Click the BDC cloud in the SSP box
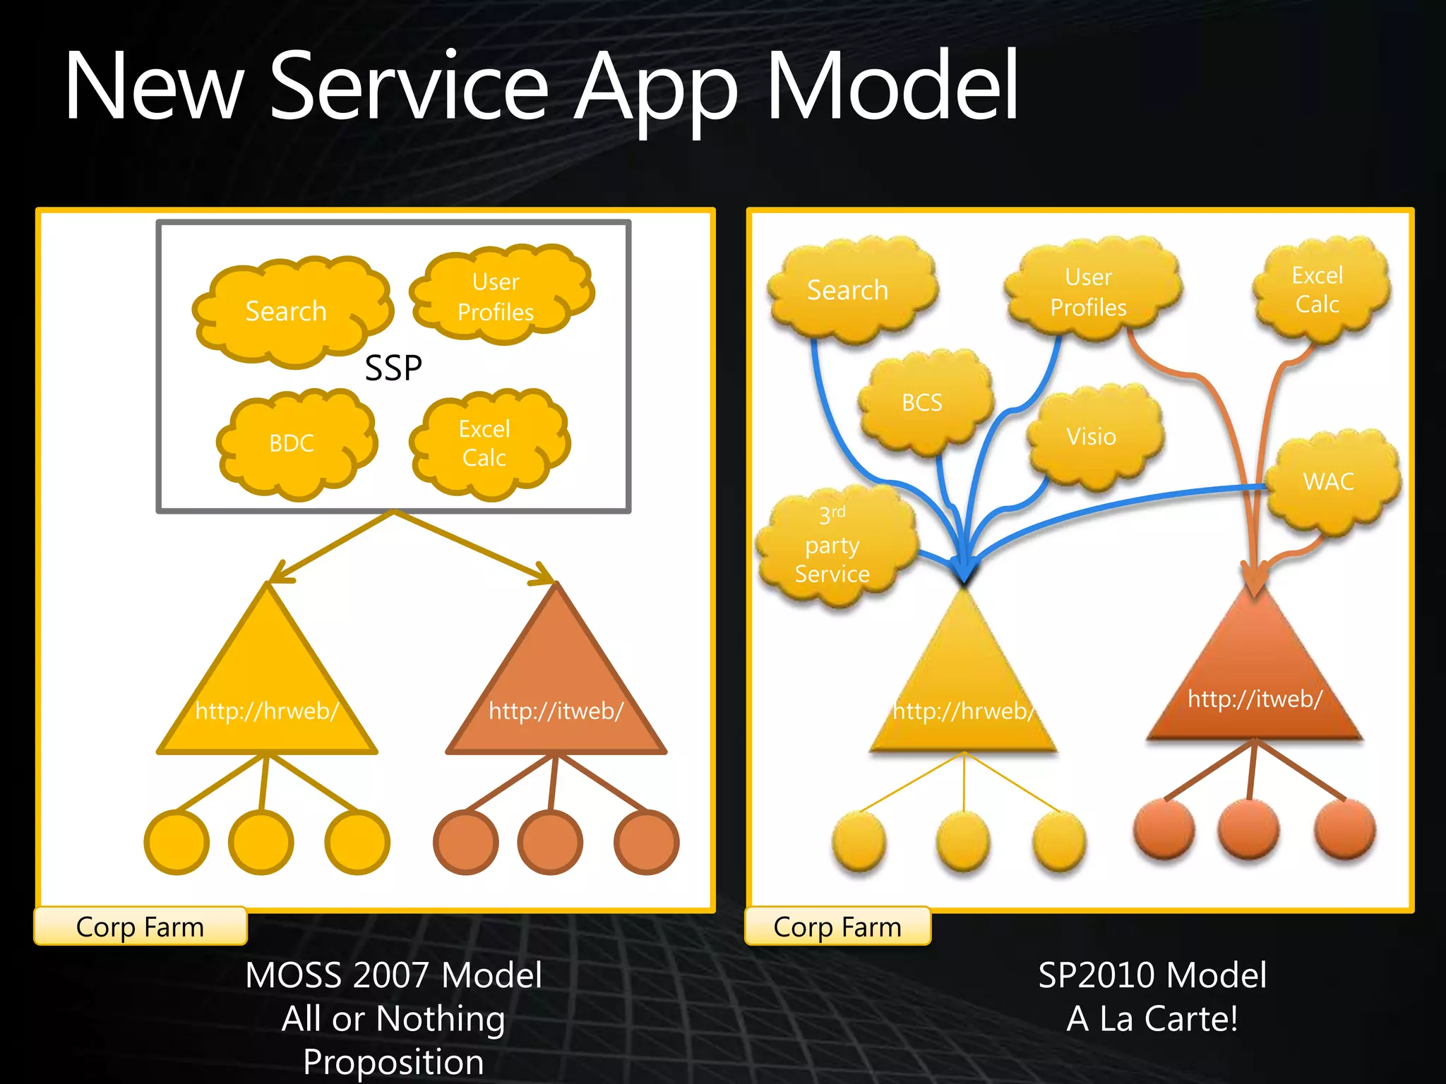(x=293, y=443)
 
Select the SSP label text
(x=393, y=368)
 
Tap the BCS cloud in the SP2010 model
(x=922, y=402)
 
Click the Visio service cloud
(x=1092, y=437)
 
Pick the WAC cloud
(x=1329, y=481)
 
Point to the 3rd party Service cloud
(x=833, y=545)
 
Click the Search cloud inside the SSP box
(x=287, y=311)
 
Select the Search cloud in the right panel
(x=848, y=290)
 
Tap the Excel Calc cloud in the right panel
(x=1317, y=289)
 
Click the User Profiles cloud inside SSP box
(x=496, y=296)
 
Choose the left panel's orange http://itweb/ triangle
(x=556, y=692)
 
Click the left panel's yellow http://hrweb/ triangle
(x=267, y=692)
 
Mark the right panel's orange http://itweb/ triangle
(x=1255, y=685)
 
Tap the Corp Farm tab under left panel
(x=140, y=927)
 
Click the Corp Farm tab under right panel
(x=837, y=927)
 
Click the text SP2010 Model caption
(x=1152, y=975)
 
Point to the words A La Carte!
(x=1152, y=1019)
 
